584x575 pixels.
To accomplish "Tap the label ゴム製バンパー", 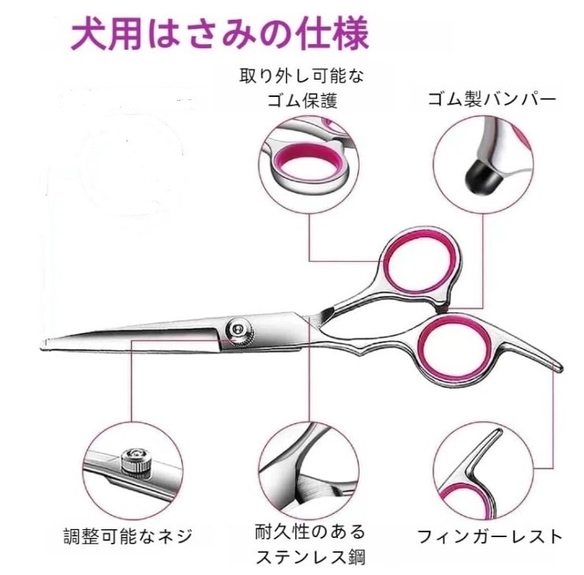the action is (x=492, y=99).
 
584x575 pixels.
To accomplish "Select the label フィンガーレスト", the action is (x=489, y=537).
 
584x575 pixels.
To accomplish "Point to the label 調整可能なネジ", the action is (x=128, y=536).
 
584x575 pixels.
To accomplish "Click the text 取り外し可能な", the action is (x=301, y=76).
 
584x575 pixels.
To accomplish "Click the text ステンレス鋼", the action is (x=311, y=557).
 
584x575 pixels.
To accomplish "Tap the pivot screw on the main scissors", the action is (x=239, y=330).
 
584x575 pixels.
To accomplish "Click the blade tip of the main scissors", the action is (x=43, y=345).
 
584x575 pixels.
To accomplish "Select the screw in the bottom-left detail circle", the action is (x=135, y=461).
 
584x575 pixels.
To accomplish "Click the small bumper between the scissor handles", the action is (x=442, y=308).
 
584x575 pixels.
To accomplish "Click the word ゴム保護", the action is (x=302, y=101).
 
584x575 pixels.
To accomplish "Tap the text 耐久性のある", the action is (x=310, y=532).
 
